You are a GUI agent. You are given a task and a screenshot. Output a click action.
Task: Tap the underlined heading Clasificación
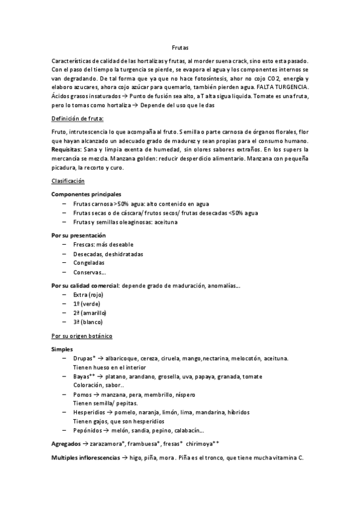68,180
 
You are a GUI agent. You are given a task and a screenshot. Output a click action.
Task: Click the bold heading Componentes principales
86,194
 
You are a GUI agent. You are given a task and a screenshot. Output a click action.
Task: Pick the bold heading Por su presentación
78,235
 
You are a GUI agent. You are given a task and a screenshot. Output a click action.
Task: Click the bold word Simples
63,349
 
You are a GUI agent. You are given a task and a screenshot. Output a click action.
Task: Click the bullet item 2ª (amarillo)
90,313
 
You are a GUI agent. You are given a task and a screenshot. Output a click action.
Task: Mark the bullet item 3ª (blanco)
88,322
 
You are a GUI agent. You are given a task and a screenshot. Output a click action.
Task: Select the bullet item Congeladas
89,263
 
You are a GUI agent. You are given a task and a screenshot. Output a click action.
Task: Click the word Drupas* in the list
85,358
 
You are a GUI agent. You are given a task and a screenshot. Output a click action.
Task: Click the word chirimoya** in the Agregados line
203,444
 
